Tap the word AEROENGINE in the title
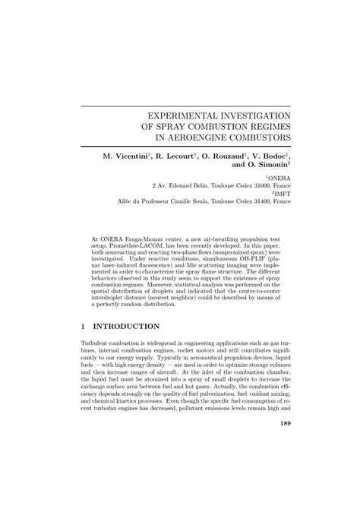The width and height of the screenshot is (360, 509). point(212,138)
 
